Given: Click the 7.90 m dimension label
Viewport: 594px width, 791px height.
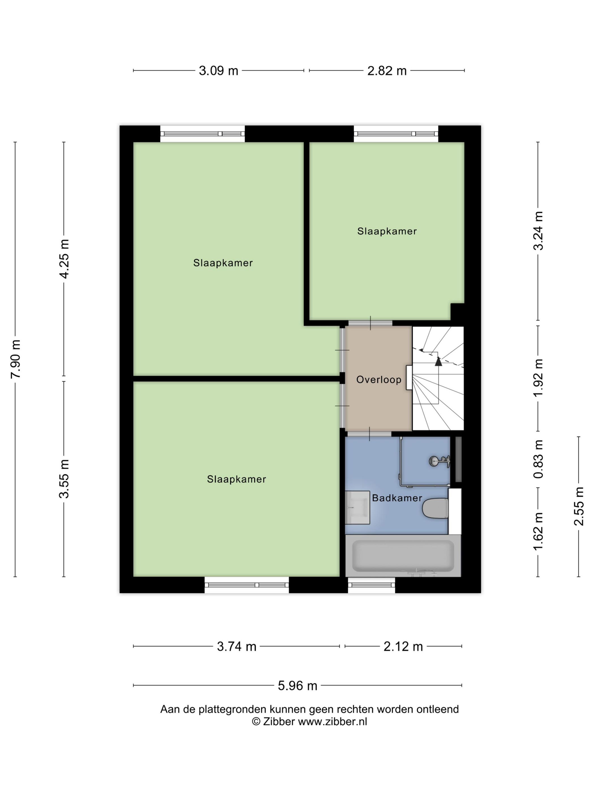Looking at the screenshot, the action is (x=16, y=359).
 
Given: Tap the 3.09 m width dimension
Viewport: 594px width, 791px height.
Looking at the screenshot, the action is (x=218, y=70).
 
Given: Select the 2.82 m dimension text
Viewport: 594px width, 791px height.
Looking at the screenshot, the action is (x=387, y=70).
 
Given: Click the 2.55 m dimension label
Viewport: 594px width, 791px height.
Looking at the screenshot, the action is (x=579, y=506).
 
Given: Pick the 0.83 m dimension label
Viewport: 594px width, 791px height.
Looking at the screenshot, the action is (x=538, y=459).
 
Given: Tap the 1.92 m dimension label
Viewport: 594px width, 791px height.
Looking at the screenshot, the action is (x=538, y=378).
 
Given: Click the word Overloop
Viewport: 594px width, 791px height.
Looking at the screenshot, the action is (x=379, y=379).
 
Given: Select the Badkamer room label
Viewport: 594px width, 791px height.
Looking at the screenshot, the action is (x=397, y=498).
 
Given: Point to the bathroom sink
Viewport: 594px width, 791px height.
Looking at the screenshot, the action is (x=357, y=507).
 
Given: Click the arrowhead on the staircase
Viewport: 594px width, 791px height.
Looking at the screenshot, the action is (x=438, y=361).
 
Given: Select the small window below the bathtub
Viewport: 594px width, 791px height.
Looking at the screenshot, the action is (x=371, y=585).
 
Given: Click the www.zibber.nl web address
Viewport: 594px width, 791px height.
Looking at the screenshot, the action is (x=333, y=721).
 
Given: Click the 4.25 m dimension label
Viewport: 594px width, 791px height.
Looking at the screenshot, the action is (x=64, y=259).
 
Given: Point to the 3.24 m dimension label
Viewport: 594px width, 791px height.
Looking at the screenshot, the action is (x=538, y=231).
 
